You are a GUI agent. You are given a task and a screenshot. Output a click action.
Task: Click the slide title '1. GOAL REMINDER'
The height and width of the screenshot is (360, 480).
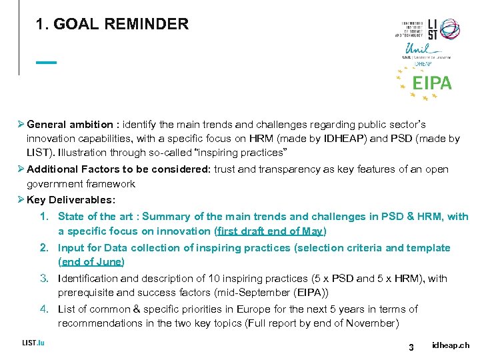[113, 25]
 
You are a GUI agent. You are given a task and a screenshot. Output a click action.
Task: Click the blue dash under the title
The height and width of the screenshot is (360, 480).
[47, 63]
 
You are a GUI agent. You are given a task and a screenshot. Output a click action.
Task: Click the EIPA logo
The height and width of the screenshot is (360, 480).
[431, 83]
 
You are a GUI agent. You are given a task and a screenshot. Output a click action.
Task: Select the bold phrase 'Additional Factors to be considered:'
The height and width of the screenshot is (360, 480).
[119, 169]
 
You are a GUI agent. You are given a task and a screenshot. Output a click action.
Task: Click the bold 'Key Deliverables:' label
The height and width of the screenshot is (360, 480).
[71, 199]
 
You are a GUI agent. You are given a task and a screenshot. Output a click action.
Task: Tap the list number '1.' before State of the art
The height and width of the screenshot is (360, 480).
[45, 216]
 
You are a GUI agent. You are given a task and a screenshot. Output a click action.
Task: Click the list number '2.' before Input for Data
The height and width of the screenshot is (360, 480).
[45, 247]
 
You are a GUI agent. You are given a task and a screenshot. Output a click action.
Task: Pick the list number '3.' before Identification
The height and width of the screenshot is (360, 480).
[45, 278]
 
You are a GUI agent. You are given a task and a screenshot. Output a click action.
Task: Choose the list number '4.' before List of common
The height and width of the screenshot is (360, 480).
[45, 309]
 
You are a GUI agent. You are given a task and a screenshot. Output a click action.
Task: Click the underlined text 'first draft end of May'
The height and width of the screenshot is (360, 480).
[270, 231]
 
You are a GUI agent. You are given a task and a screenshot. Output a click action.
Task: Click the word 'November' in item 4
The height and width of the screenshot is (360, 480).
[375, 323]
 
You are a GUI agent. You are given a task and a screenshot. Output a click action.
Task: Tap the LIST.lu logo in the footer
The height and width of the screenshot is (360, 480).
[33, 343]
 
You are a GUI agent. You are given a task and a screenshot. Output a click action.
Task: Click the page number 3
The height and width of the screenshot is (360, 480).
[411, 347]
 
